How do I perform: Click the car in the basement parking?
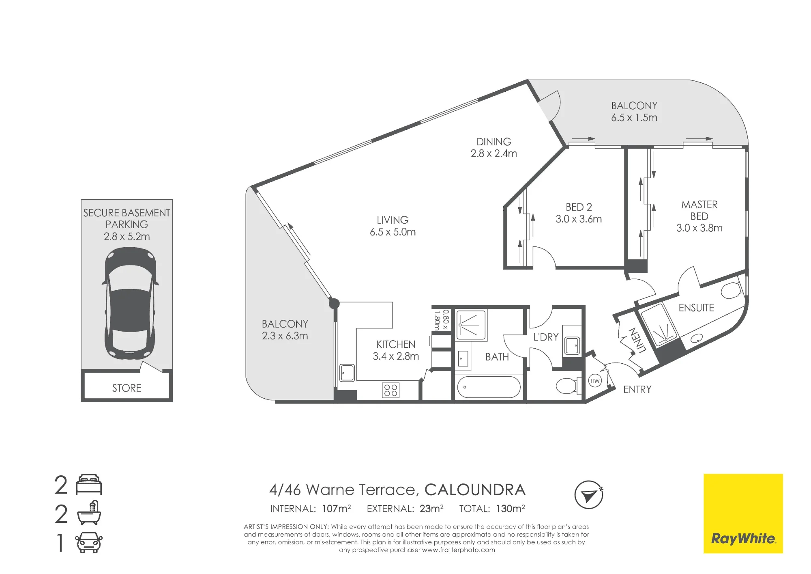tap(130, 303)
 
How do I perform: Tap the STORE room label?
tap(127, 388)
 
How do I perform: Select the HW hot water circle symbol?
tap(595, 381)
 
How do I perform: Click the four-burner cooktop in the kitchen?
tap(390, 390)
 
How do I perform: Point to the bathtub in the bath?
tap(489, 387)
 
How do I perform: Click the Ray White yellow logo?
tap(743, 513)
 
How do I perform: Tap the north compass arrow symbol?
tap(589, 494)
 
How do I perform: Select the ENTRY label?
tap(637, 390)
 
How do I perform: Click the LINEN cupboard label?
tap(637, 340)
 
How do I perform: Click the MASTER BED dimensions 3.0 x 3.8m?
tap(699, 228)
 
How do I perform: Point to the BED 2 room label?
tap(579, 207)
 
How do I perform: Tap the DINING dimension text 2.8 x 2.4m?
tap(493, 153)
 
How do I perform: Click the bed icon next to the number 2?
tap(89, 484)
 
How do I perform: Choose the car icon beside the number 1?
tap(89, 542)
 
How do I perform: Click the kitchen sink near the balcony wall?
tap(347, 373)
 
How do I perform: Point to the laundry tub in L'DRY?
tap(572, 345)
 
